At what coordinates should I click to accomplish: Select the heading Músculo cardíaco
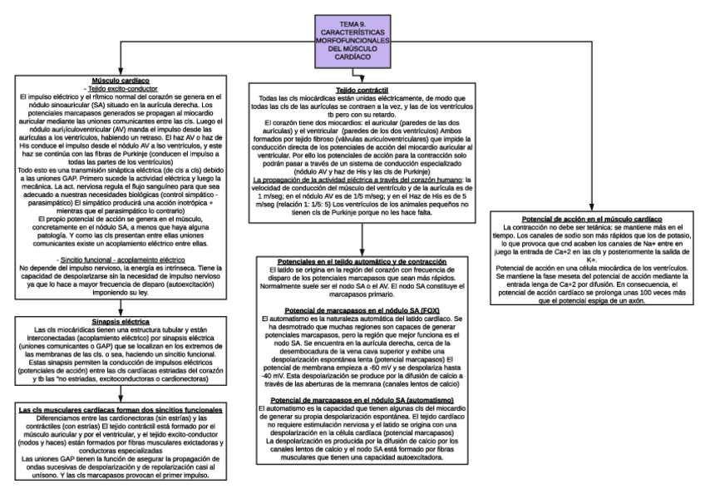click(121, 81)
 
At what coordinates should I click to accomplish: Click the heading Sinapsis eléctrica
click(121, 319)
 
